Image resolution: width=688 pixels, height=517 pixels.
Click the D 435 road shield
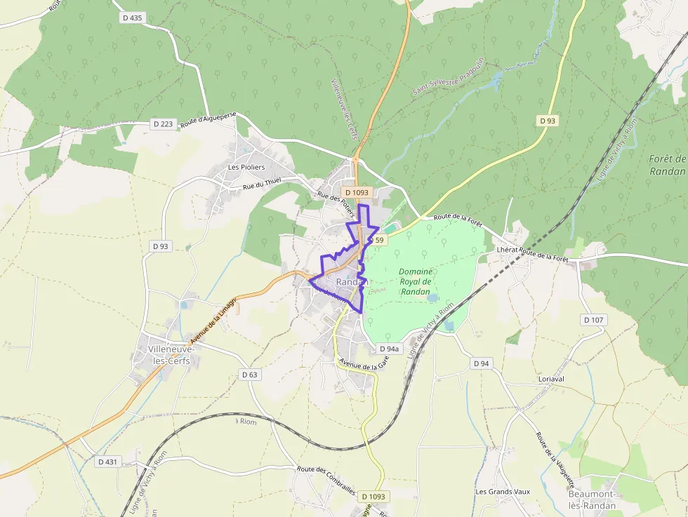point(132,18)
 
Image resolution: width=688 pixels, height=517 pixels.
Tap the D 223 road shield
point(163,124)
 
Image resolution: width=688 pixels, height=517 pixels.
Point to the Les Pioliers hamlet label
point(246,167)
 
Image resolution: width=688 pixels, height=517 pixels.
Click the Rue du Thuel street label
point(262,186)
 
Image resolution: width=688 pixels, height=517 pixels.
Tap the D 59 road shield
point(377,241)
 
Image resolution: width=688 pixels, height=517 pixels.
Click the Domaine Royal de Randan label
point(415,281)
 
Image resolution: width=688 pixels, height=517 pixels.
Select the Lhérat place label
point(506,250)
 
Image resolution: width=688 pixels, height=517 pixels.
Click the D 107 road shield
point(593,320)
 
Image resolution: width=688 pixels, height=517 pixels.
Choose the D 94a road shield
point(389,349)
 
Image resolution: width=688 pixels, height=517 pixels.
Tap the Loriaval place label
point(551,378)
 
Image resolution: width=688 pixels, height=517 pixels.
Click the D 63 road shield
point(250,375)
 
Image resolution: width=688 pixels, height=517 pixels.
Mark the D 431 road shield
point(107,462)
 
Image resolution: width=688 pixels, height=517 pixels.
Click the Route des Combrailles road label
point(326,480)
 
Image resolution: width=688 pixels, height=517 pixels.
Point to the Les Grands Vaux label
point(501,492)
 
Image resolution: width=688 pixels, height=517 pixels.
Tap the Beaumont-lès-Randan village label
point(592,499)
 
